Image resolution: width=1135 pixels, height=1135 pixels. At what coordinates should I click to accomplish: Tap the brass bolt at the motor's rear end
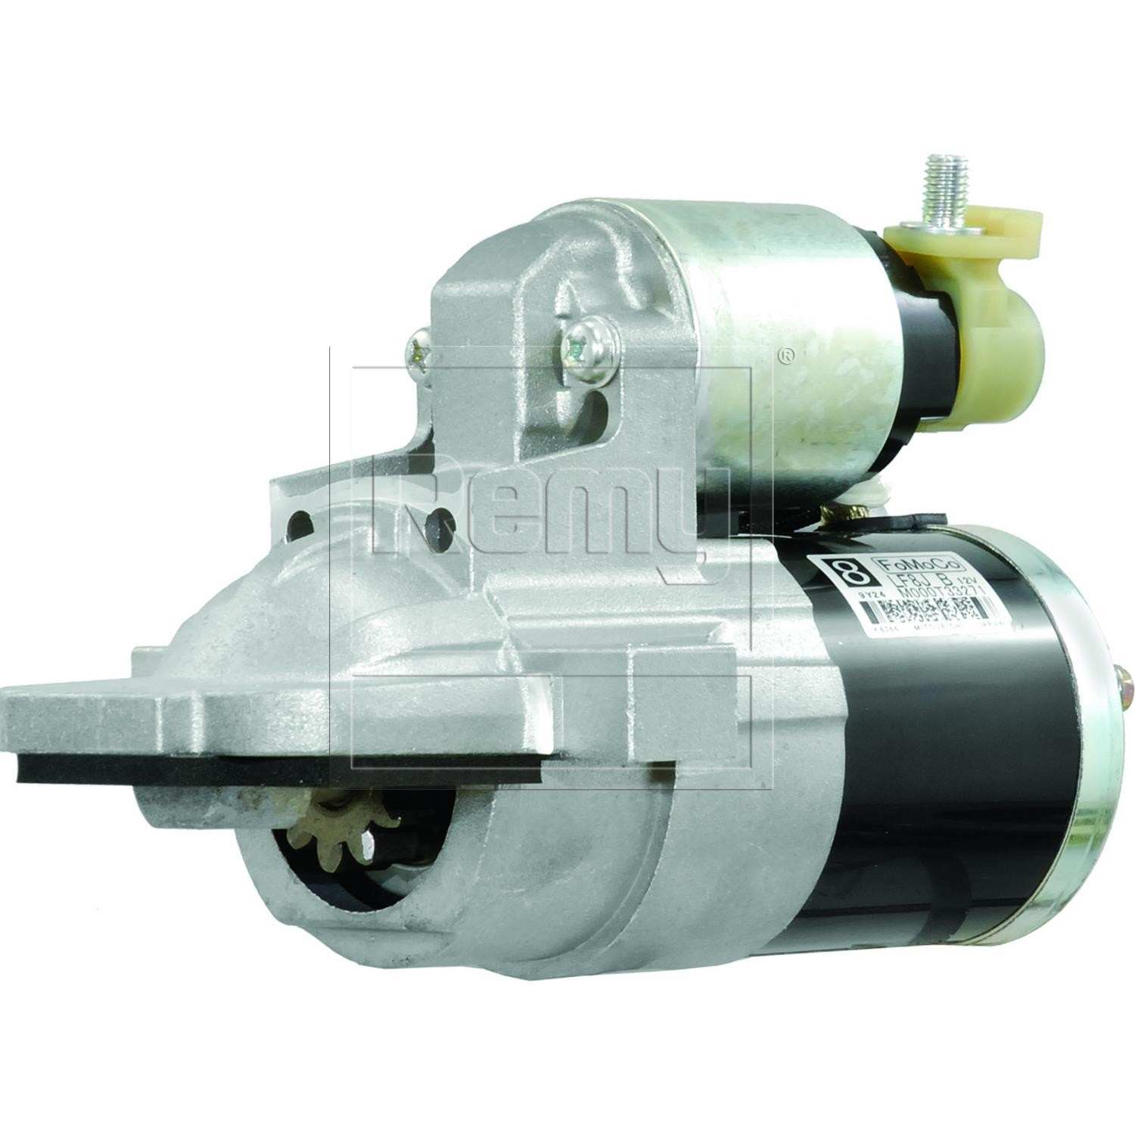coord(1126,685)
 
